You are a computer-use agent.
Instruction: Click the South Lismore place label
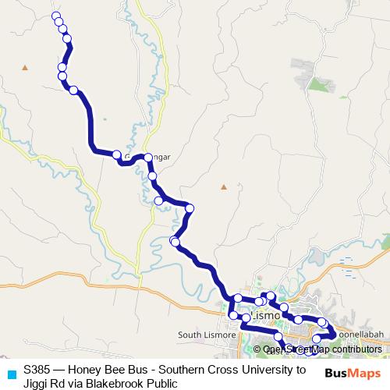[202, 335]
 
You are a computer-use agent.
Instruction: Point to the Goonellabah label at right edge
[360, 331]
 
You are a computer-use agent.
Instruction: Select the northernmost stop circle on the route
[55, 16]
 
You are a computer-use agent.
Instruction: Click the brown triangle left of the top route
[25, 68]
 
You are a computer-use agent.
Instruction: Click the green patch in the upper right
[317, 83]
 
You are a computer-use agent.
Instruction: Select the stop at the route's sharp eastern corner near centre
[190, 207]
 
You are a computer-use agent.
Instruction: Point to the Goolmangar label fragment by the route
[160, 157]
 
